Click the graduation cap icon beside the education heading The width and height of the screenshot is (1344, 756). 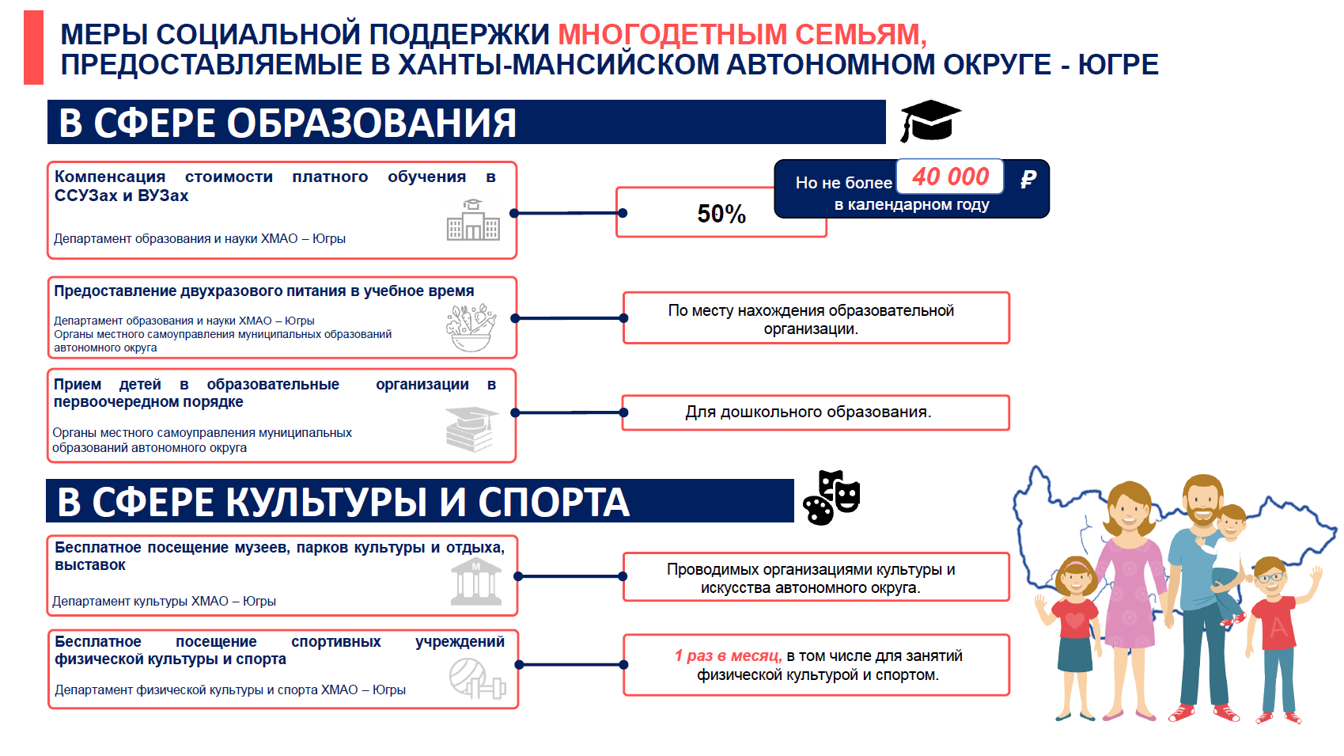pyautogui.click(x=930, y=121)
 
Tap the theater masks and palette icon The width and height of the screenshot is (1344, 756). pyautogui.click(x=831, y=498)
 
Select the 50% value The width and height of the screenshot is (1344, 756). pyautogui.click(x=721, y=214)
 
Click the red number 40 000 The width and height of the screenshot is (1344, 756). pyautogui.click(x=950, y=177)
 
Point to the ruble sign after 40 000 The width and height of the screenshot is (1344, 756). pyautogui.click(x=1028, y=178)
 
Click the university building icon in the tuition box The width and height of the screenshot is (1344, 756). pyautogui.click(x=473, y=220)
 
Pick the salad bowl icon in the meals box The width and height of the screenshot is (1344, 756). pyautogui.click(x=471, y=328)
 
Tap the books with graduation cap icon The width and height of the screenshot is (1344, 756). pyautogui.click(x=471, y=429)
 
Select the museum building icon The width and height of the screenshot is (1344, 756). pyautogui.click(x=475, y=582)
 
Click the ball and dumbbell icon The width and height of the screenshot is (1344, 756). pyautogui.click(x=478, y=678)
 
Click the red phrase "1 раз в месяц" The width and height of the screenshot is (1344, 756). pyautogui.click(x=729, y=655)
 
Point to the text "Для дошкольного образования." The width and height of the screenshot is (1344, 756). pyautogui.click(x=808, y=412)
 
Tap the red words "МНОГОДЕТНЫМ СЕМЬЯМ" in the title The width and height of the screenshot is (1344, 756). pyautogui.click(x=743, y=34)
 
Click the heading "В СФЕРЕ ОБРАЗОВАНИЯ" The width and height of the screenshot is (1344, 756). pyautogui.click(x=287, y=123)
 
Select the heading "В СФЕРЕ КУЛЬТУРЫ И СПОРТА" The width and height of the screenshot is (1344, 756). pyautogui.click(x=343, y=502)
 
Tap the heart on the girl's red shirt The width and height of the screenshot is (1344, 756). pyautogui.click(x=1074, y=621)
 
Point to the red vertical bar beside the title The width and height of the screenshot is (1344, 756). pyautogui.click(x=33, y=47)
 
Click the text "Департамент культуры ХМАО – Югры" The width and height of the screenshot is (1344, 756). pyautogui.click(x=164, y=601)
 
